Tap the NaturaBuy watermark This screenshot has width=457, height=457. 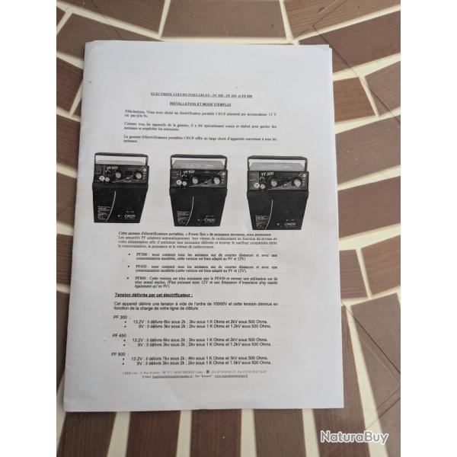(x=353, y=436)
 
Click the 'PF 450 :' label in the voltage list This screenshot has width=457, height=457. (x=120, y=335)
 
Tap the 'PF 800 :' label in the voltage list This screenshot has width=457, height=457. (x=120, y=353)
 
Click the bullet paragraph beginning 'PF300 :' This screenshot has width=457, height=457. (x=201, y=256)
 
